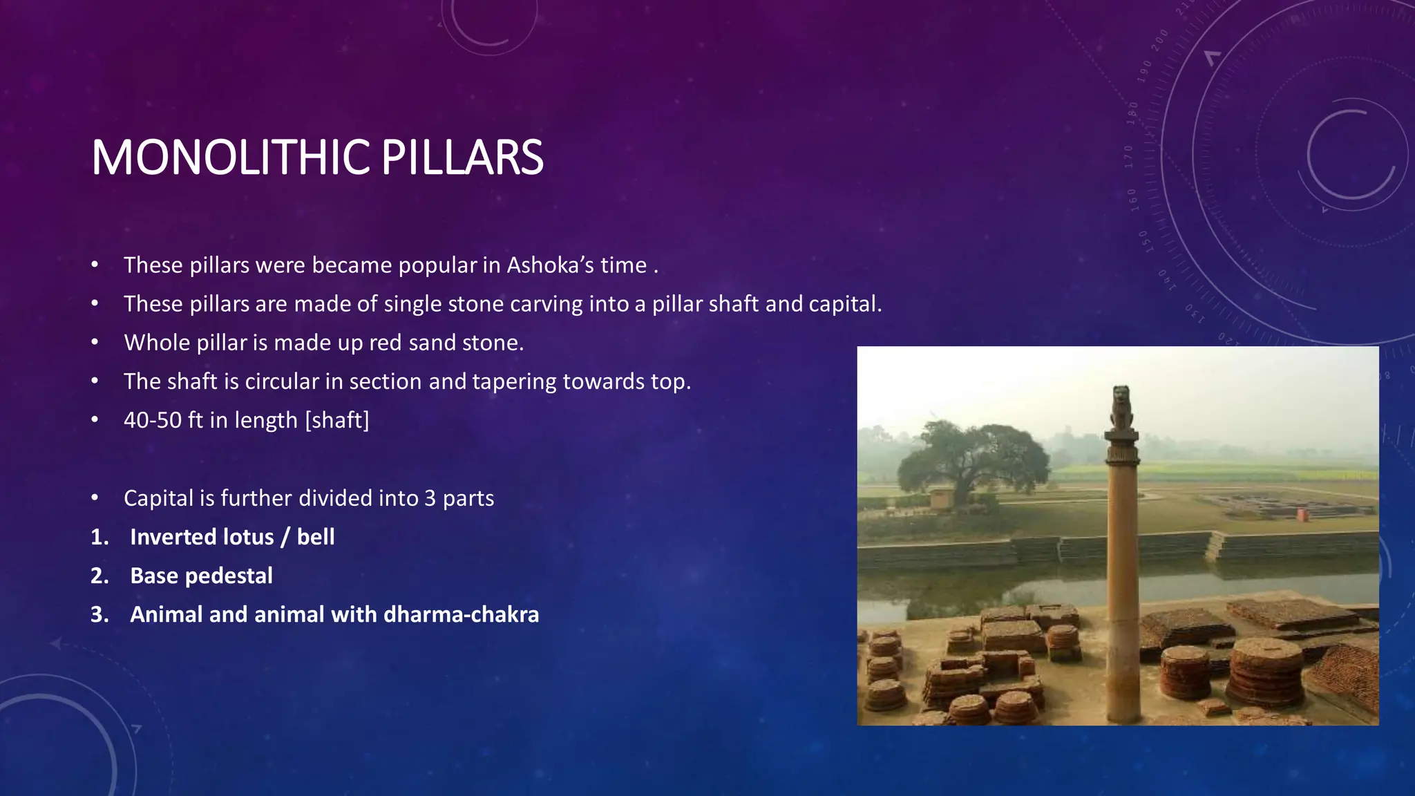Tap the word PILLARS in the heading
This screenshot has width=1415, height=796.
[x=462, y=158]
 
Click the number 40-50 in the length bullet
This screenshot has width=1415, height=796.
[x=153, y=420]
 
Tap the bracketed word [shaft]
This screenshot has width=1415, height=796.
[x=337, y=420]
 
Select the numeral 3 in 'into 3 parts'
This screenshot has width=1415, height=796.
[x=430, y=498]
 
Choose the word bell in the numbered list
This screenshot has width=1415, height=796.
[x=316, y=537]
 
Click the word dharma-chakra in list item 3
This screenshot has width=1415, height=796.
[x=461, y=614]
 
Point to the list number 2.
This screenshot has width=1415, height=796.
[x=99, y=576]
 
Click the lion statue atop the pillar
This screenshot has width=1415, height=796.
[x=1121, y=408]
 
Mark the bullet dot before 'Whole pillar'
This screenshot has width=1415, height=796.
[x=95, y=343]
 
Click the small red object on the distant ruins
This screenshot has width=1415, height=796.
[x=1302, y=515]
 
